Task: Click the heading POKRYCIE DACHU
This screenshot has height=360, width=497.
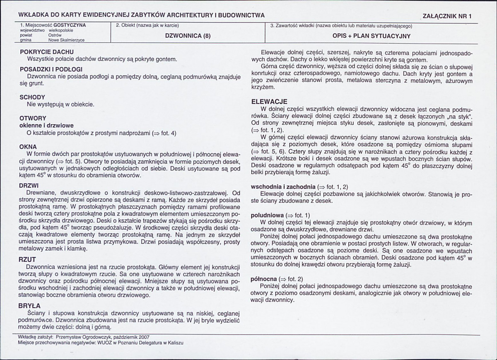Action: pos(46,52)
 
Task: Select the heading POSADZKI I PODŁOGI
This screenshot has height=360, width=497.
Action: pos(51,69)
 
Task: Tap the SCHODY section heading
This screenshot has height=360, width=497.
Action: pos(32,97)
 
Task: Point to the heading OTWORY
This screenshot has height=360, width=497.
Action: pos(33,118)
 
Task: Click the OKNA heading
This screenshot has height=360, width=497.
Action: pos(28,147)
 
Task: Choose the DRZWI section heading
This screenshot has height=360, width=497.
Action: pos(29,186)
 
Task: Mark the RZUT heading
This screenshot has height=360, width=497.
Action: pos(28,259)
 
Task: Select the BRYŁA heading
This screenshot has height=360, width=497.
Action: pos(30,306)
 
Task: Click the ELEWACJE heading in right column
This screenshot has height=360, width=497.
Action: pos(269,101)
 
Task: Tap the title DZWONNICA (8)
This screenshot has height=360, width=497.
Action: pos(188,36)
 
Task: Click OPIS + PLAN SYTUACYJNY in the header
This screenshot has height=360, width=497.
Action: pos(372,36)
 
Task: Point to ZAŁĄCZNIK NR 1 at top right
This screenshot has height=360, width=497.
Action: pos(447,16)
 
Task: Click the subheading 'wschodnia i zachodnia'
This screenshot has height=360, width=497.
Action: pos(283,186)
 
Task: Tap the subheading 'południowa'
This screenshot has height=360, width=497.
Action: pos(268,215)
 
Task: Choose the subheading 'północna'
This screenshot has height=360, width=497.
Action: pos(264,279)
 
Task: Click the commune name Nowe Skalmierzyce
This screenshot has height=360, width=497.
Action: pos(66,41)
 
